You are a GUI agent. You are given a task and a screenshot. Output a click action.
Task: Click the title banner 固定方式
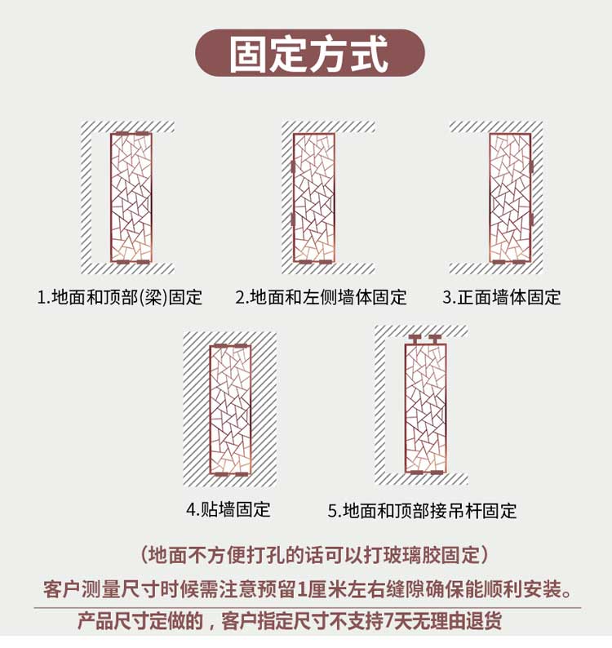(x=310, y=53)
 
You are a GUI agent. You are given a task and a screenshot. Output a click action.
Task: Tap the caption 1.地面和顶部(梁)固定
(x=120, y=297)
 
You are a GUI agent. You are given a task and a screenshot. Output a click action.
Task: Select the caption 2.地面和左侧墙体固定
(x=321, y=297)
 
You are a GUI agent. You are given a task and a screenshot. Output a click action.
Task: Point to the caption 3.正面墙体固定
(x=502, y=297)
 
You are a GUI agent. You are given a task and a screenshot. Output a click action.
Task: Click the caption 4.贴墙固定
(x=228, y=509)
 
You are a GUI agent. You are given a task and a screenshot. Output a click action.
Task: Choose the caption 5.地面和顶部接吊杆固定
(x=423, y=511)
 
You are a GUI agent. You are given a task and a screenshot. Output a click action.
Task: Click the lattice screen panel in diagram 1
(x=131, y=198)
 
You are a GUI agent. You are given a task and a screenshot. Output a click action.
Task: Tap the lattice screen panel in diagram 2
(x=314, y=198)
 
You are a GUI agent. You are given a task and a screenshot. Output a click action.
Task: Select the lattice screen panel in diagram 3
(x=510, y=198)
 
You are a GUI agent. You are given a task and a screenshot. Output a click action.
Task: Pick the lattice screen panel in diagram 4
(x=230, y=410)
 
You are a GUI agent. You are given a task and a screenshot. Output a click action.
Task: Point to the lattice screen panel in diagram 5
(x=426, y=408)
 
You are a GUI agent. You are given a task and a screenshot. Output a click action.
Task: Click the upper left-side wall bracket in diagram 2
(x=293, y=167)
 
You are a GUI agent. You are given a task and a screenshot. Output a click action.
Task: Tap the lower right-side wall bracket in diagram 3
(x=531, y=220)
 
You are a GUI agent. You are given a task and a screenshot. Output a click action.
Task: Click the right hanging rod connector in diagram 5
(x=435, y=340)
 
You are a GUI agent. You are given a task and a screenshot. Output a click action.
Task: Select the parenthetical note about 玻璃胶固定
(x=314, y=555)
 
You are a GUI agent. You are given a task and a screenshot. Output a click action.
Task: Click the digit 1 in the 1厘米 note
(x=301, y=590)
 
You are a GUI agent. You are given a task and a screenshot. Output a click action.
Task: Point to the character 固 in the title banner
(x=249, y=54)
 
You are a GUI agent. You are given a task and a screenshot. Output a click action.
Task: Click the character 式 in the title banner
(x=370, y=54)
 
